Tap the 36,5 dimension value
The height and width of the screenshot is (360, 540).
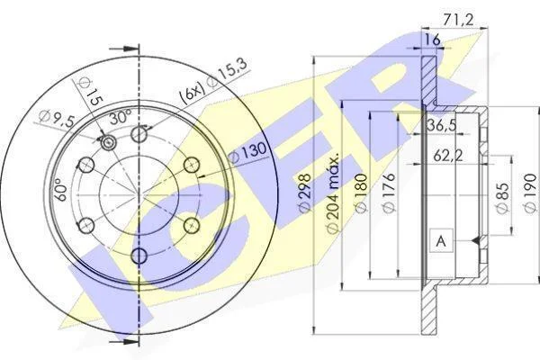[x=442, y=125]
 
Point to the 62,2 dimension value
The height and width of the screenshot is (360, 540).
[x=447, y=156]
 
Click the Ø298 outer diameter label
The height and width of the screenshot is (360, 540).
[x=305, y=193]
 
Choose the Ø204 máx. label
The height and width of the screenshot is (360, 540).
[x=333, y=193]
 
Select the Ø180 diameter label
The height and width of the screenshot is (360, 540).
[x=361, y=193]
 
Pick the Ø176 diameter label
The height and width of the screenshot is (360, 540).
[x=390, y=193]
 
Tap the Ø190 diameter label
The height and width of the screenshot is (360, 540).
[x=530, y=193]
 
